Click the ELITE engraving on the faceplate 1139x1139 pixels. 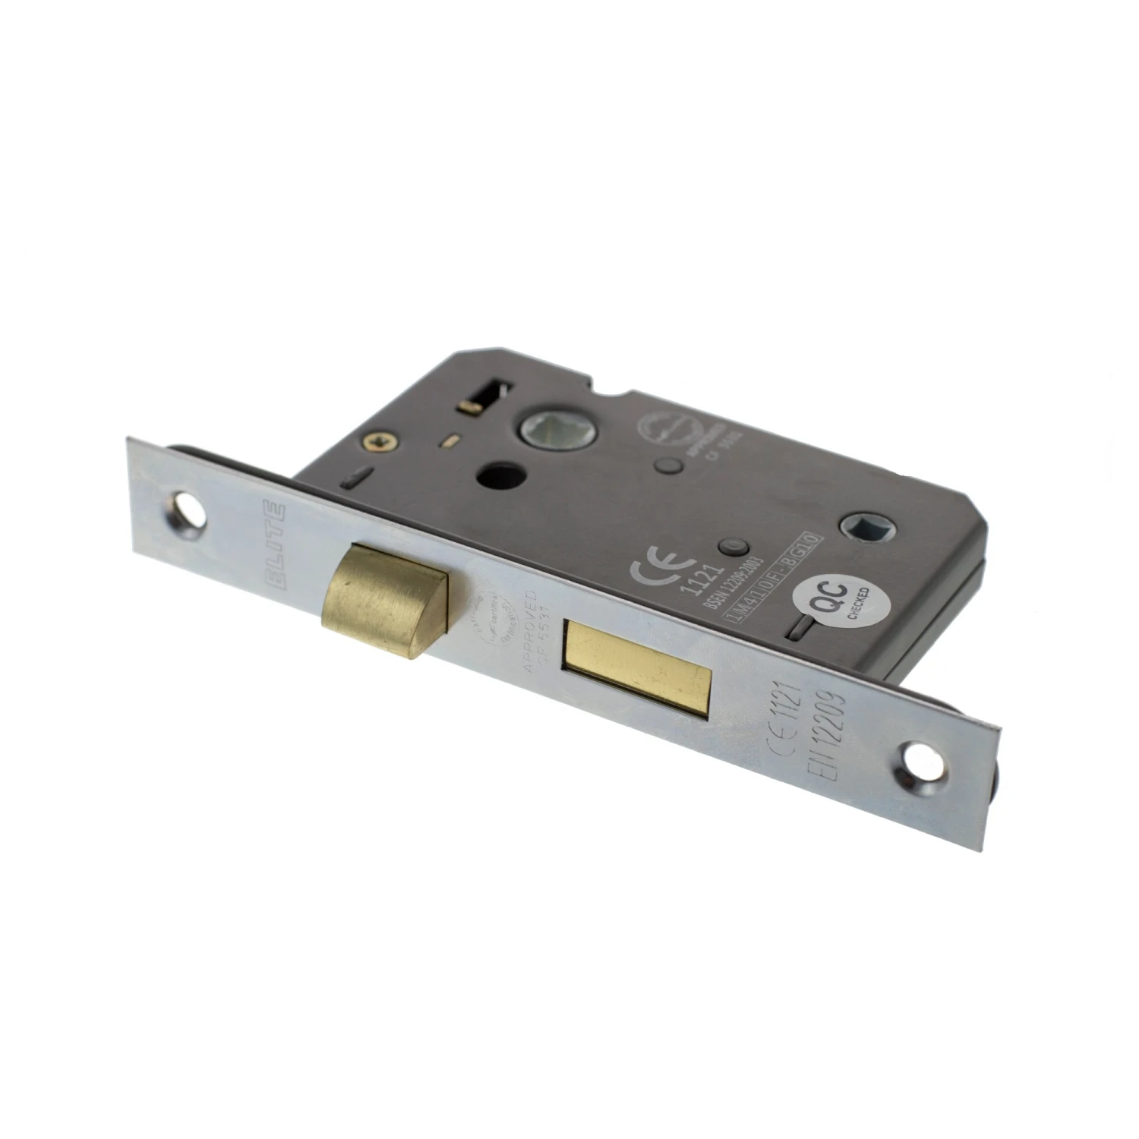pos(277,543)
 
